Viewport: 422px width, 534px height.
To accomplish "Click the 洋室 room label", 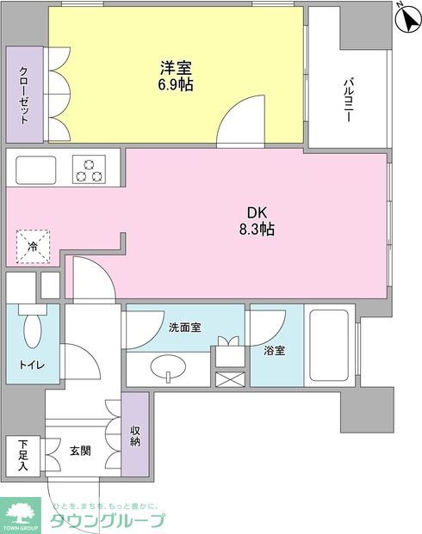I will tap(174, 66).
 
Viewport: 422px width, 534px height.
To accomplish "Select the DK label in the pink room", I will tap(257, 212).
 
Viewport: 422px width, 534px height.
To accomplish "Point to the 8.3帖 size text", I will tap(257, 230).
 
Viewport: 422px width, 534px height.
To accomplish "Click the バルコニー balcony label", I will tap(350, 101).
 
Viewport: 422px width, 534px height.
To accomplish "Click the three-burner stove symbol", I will tap(89, 169).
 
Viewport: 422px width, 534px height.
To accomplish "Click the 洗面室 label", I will tap(184, 328).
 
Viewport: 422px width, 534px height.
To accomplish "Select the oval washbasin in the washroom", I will tap(167, 370).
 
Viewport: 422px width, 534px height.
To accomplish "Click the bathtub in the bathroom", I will tap(329, 345).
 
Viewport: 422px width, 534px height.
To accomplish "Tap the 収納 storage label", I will tap(135, 435).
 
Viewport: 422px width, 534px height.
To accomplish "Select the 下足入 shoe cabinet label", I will tap(22, 456).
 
